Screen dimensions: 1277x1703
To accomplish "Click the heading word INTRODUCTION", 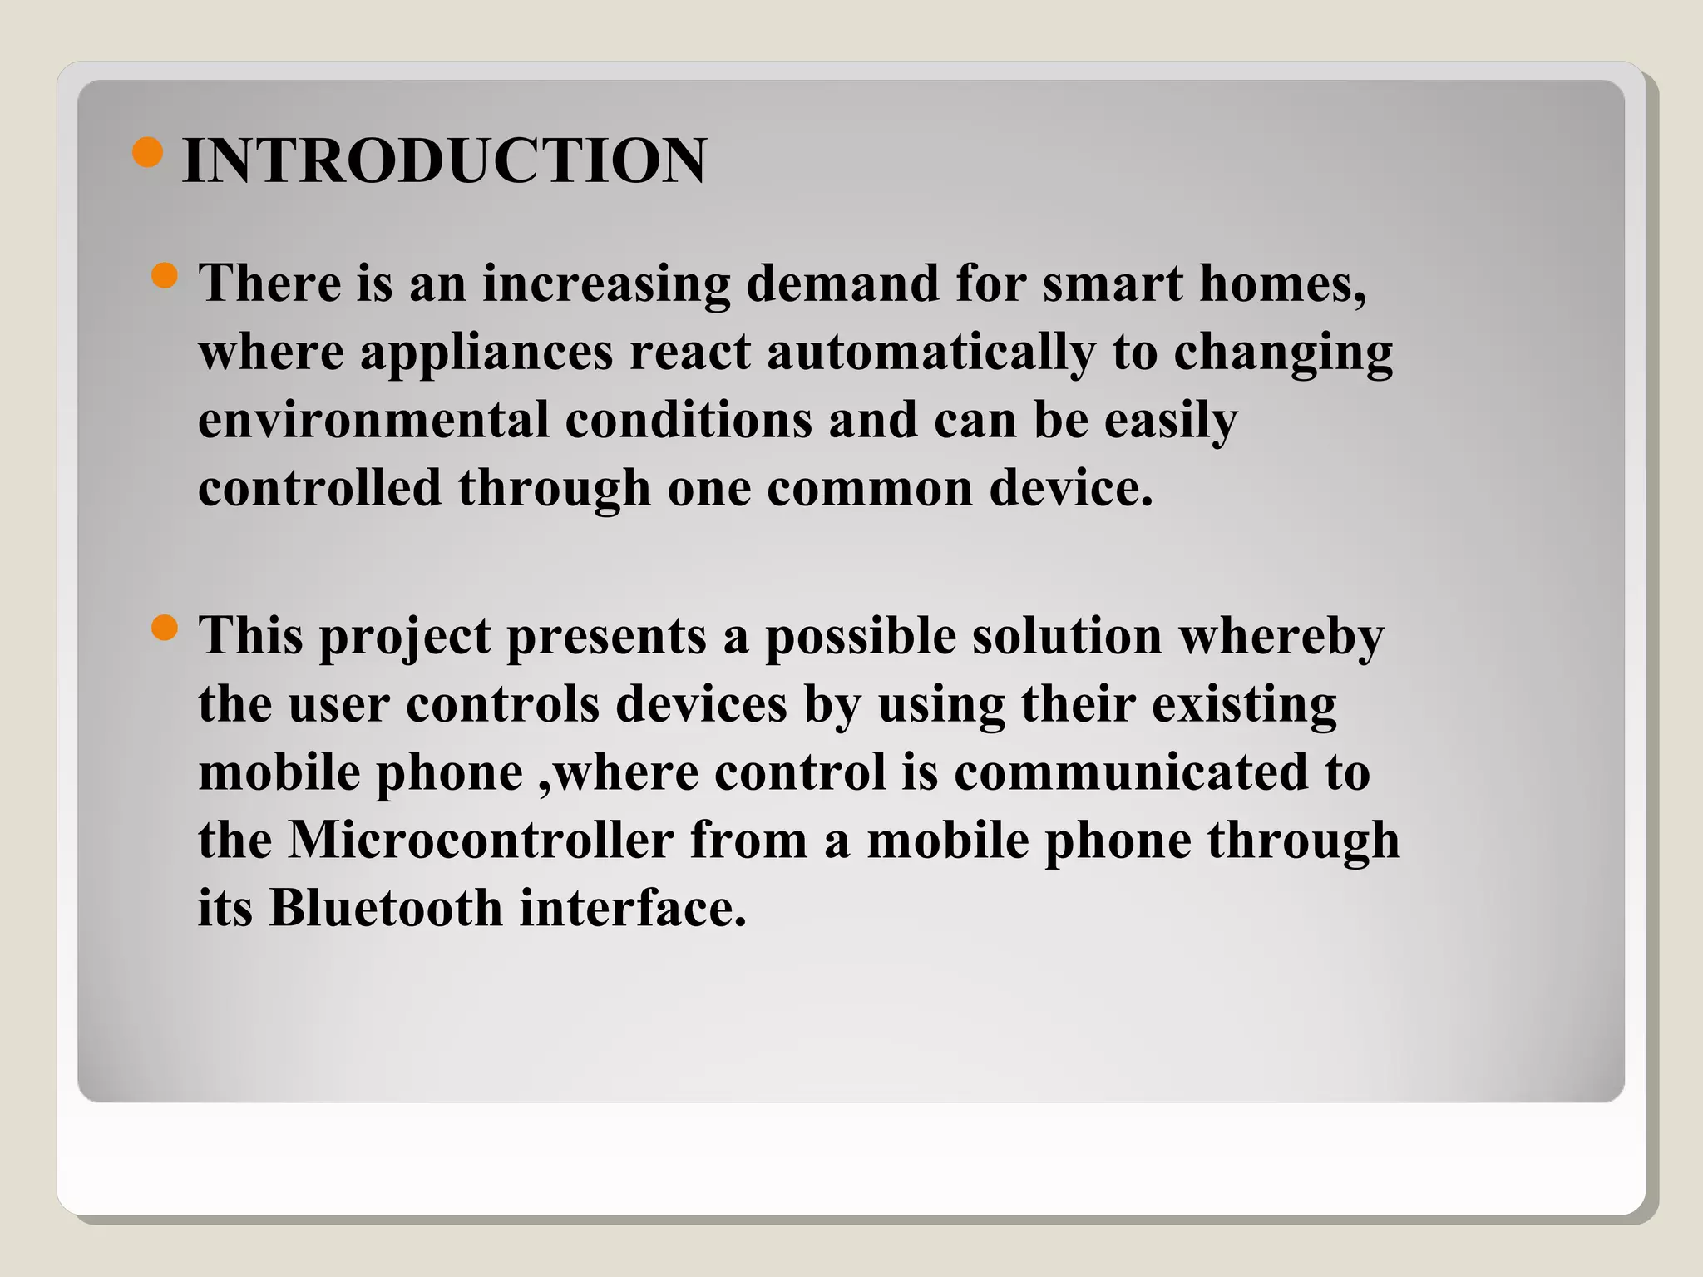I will click(444, 160).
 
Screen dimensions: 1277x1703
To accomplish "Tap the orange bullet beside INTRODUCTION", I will click(147, 153).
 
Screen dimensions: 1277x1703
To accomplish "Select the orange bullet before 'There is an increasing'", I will click(165, 276).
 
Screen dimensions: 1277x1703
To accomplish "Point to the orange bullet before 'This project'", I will click(165, 629).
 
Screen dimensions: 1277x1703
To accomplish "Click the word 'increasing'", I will click(605, 284).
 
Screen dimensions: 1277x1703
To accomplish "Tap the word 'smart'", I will click(1112, 283).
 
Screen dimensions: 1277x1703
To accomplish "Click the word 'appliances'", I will click(486, 353).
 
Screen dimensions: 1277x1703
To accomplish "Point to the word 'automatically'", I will click(930, 353).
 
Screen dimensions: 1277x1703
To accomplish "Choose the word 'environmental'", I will click(373, 419).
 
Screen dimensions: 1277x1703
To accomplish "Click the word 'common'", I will click(869, 487).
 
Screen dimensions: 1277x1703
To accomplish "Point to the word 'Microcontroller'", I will click(481, 840).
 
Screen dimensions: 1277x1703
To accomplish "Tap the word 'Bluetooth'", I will click(386, 908).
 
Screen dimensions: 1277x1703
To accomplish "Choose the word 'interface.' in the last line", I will click(633, 908).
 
